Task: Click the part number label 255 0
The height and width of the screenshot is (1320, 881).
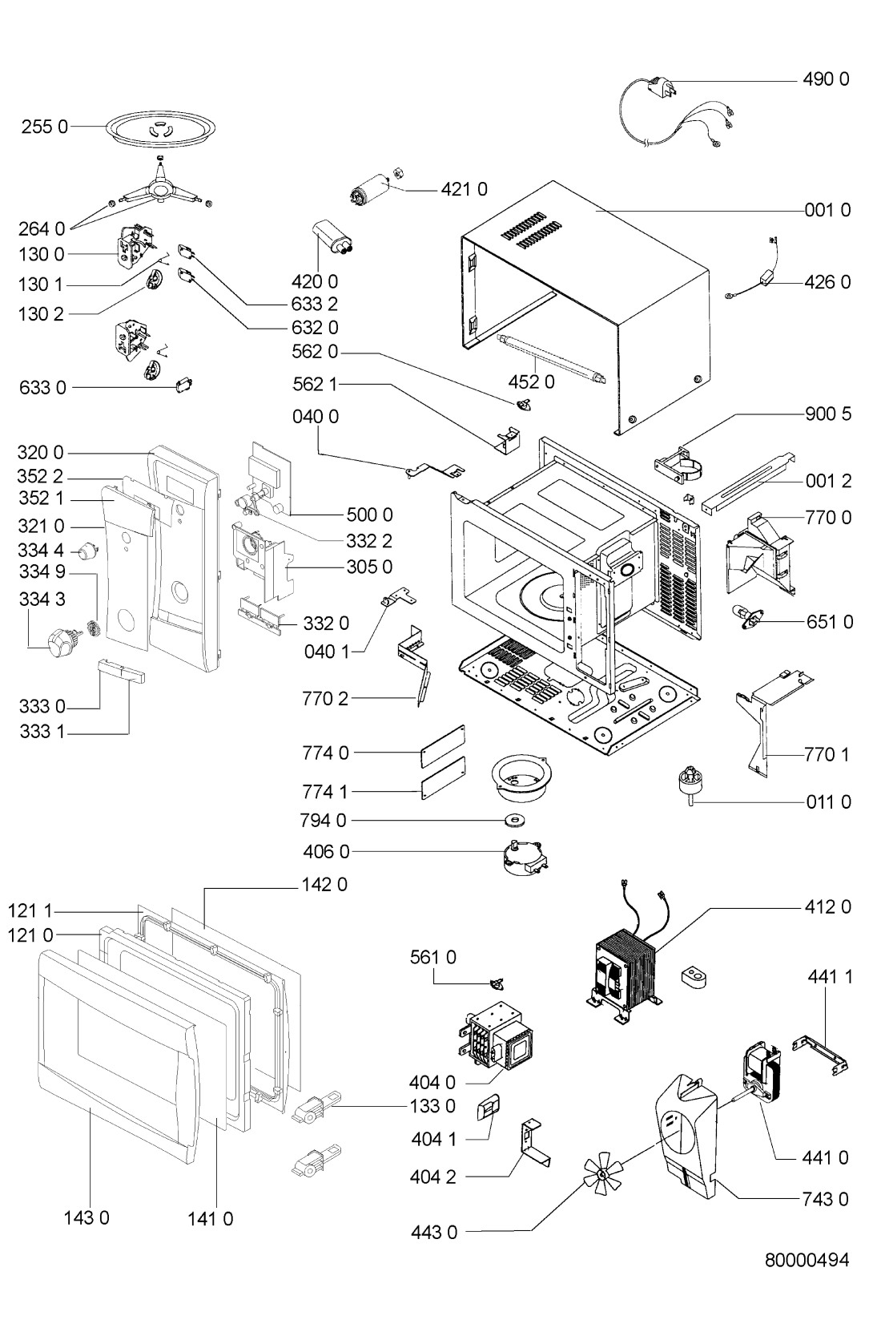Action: [45, 126]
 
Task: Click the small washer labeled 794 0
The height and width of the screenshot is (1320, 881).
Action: [516, 820]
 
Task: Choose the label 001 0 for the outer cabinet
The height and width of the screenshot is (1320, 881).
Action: [827, 210]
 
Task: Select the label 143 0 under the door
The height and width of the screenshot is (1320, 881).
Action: [87, 1218]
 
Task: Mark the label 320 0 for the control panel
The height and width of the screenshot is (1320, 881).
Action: [40, 453]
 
